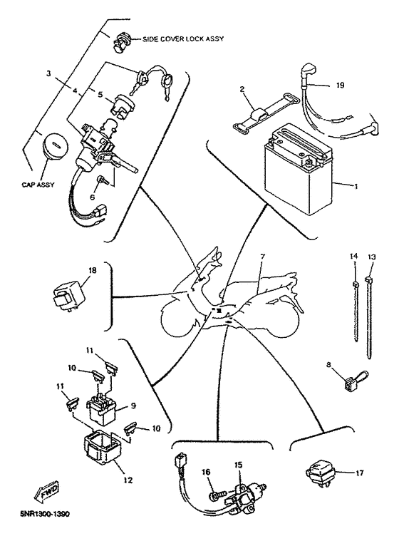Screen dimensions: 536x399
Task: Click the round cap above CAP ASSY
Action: (53, 148)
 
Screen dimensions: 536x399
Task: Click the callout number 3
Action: (48, 73)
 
